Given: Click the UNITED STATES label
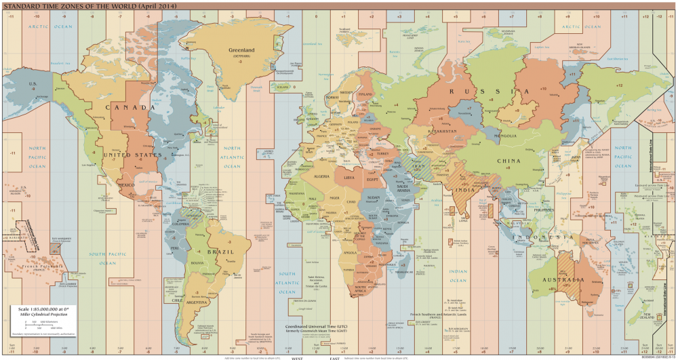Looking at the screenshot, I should [x=123, y=155].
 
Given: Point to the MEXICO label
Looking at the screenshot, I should [x=127, y=184].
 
